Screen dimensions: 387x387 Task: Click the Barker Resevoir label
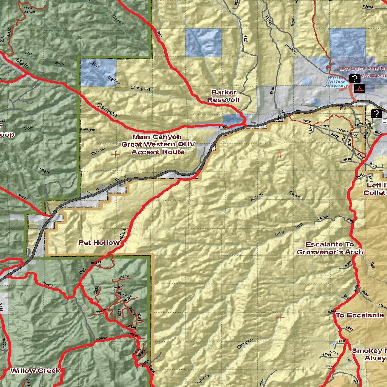point(224,96)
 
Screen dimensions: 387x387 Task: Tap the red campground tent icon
point(359,89)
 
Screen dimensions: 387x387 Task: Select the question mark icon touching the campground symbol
point(354,79)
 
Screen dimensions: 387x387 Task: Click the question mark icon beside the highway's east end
point(376,113)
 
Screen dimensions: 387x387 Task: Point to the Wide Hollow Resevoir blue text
point(335,82)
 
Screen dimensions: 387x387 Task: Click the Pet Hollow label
point(99,243)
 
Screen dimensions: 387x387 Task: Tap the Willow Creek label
point(35,370)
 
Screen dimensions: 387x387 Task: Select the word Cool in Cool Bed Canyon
point(279,234)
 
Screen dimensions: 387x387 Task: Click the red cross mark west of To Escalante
point(280,317)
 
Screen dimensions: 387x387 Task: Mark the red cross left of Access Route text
point(115,154)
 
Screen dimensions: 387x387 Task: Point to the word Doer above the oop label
point(28,128)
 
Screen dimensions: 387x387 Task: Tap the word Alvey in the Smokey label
point(375,358)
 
